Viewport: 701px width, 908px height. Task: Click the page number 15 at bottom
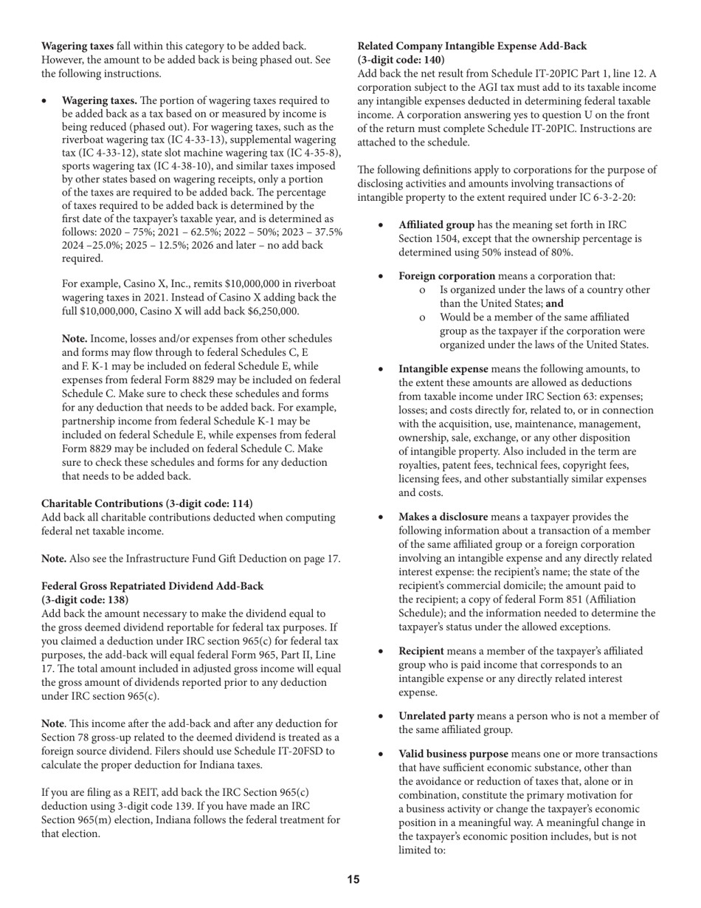click(x=353, y=879)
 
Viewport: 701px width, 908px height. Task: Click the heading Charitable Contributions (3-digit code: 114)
click(x=147, y=503)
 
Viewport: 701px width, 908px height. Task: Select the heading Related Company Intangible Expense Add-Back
click(x=472, y=47)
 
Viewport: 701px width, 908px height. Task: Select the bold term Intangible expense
click(x=443, y=368)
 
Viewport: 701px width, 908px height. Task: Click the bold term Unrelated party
click(x=436, y=716)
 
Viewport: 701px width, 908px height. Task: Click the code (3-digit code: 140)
click(x=401, y=60)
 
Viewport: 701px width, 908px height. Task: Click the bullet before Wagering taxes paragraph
click(x=45, y=100)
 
